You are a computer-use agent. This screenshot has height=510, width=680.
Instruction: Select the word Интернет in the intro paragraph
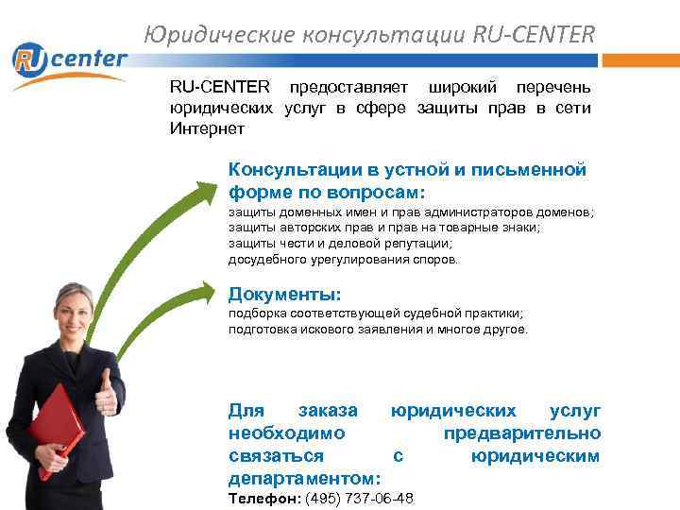(x=207, y=128)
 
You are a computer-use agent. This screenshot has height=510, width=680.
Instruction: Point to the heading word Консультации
(x=292, y=170)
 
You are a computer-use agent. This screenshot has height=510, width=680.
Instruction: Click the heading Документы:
(x=284, y=294)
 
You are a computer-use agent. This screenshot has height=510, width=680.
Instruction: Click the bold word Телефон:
(x=263, y=498)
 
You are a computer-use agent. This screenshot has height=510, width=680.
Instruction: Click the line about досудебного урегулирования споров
(x=343, y=259)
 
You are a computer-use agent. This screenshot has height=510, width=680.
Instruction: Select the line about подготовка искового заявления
(x=378, y=330)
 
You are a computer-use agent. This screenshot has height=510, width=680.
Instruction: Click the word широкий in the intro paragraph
(x=459, y=87)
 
